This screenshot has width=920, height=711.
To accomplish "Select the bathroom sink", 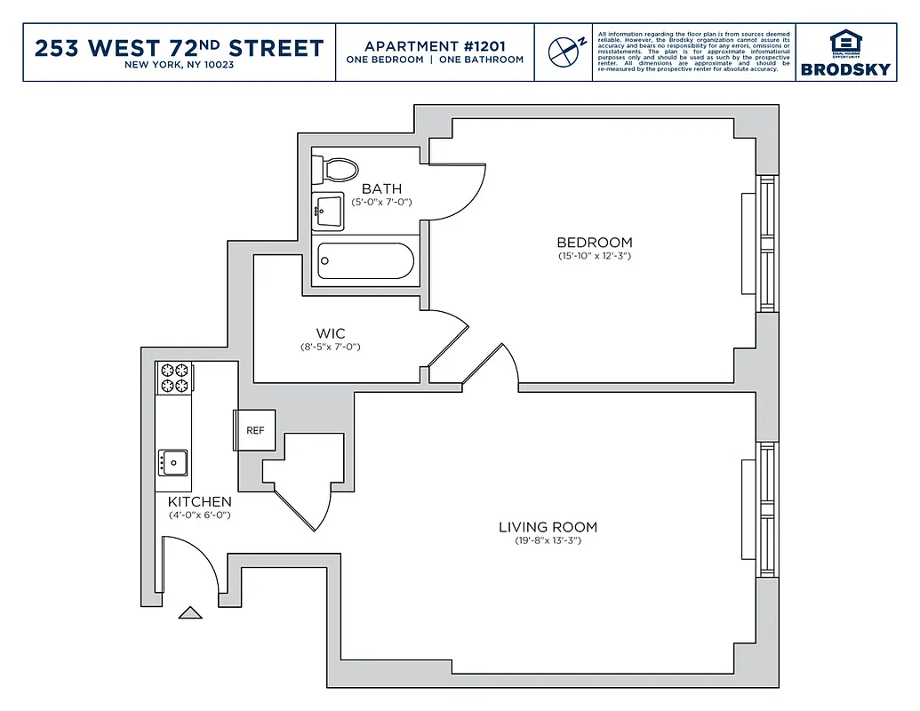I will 327,212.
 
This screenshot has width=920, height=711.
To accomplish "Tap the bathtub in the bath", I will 365,260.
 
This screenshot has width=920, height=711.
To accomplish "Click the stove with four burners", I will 174,378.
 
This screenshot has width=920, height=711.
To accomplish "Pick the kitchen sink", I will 173,462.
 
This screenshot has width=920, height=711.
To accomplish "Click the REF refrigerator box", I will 255,430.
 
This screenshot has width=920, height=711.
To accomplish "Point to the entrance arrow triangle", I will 190,612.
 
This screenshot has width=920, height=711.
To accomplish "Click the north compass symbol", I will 563,52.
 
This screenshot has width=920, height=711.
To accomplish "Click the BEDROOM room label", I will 594,243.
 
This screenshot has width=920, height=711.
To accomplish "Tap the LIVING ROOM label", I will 548,527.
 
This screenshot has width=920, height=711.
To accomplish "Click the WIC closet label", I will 330,334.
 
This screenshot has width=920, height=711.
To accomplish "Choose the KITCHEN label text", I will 200,502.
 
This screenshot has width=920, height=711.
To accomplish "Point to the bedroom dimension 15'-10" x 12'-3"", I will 594,257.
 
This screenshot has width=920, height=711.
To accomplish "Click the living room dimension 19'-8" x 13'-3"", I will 548,541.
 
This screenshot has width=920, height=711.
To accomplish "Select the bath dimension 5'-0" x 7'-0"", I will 381,203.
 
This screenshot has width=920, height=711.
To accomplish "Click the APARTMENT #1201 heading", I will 435,45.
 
